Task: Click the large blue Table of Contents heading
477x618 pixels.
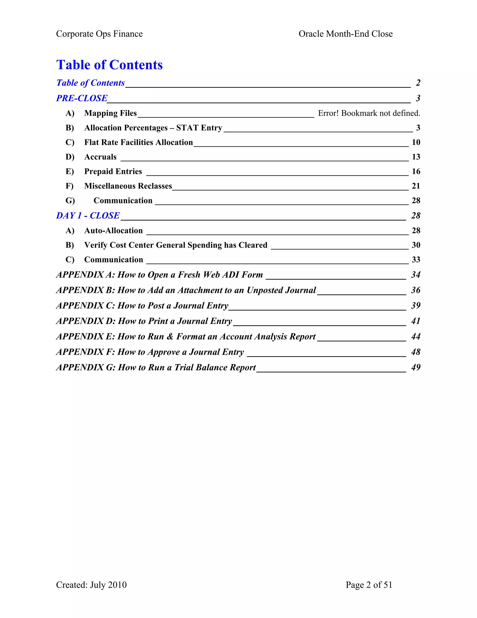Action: pos(109,65)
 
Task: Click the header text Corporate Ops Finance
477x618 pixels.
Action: pos(99,34)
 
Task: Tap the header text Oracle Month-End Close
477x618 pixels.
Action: pos(345,34)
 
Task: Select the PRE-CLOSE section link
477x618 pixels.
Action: pos(82,98)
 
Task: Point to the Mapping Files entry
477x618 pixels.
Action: pos(110,113)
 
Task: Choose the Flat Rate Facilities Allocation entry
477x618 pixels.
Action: pos(139,142)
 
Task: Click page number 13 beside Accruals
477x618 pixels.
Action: pos(416,157)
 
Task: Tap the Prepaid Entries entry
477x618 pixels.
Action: pos(113,171)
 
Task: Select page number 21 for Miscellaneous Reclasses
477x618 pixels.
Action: pos(416,186)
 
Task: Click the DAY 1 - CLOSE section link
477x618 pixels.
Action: pos(88,216)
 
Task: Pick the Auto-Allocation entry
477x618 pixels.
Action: pos(113,231)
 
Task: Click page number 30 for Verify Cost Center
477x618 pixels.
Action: pos(416,245)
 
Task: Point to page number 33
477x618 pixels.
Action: pos(416,260)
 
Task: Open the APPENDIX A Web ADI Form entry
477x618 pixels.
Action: pos(159,275)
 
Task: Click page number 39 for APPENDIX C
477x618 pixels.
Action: pos(416,306)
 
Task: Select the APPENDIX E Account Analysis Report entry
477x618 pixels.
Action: pos(186,337)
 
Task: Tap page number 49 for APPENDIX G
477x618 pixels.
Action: pos(416,367)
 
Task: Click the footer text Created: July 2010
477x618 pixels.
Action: pos(91,585)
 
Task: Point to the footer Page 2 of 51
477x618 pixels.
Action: pos(369,585)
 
